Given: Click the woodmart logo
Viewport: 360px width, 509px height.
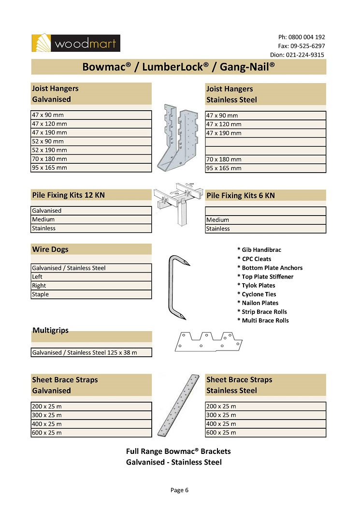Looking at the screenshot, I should (x=76, y=43).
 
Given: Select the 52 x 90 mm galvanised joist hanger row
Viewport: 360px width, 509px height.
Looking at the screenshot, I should (x=91, y=141).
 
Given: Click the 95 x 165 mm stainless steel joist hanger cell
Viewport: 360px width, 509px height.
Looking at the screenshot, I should (x=265, y=168).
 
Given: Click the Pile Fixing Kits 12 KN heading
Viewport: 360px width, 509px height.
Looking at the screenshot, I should (x=91, y=195).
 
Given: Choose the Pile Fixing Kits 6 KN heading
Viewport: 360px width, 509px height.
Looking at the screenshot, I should (x=265, y=195).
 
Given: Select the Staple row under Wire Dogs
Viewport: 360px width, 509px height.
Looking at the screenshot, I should (x=91, y=294).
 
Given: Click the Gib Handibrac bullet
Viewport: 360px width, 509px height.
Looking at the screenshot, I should (x=259, y=250).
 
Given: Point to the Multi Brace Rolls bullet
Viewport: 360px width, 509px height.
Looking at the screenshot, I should (x=263, y=320).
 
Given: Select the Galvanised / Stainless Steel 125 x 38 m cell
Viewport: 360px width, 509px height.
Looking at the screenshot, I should (x=91, y=352).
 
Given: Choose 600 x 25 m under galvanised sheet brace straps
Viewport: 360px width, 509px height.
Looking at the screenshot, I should (x=91, y=433).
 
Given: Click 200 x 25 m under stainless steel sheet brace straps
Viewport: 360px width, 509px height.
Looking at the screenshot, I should (x=265, y=406).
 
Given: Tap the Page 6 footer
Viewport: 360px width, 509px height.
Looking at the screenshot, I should (x=179, y=490).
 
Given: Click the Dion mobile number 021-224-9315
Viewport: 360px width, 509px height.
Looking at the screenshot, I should (x=304, y=55).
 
